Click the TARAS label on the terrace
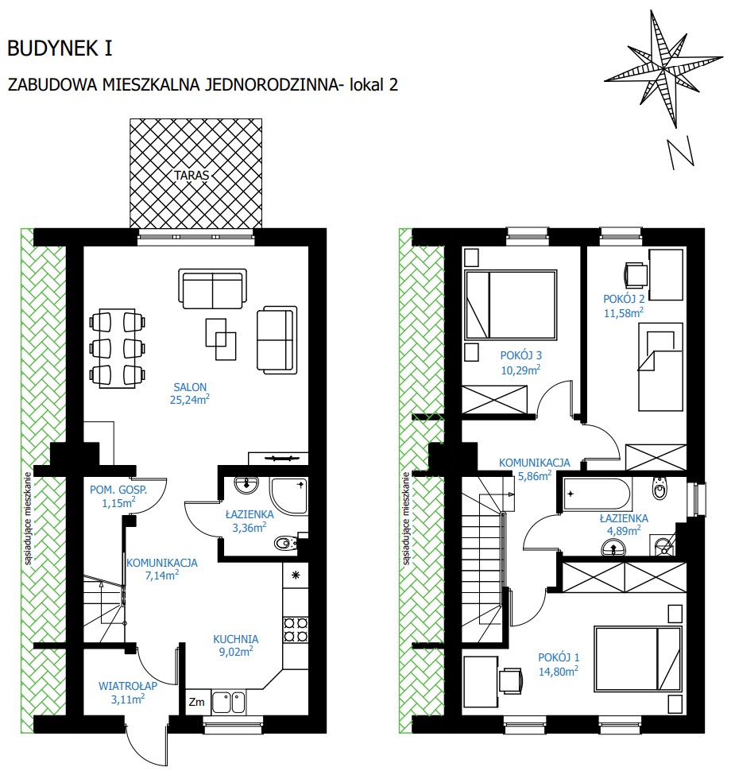click(x=191, y=175)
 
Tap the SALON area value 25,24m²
click(x=190, y=399)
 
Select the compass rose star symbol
click(x=663, y=68)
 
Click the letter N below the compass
click(x=681, y=153)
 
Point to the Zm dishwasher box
click(x=196, y=702)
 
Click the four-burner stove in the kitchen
click(x=296, y=630)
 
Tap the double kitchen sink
click(x=228, y=702)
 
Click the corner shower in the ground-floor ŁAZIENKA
click(x=289, y=496)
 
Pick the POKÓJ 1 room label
click(x=559, y=657)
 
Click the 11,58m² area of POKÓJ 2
click(x=624, y=312)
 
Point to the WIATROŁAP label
click(x=128, y=686)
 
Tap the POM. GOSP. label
click(x=118, y=490)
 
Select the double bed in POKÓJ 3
click(x=511, y=304)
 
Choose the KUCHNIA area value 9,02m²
click(x=236, y=652)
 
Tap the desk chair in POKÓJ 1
click(x=511, y=680)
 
